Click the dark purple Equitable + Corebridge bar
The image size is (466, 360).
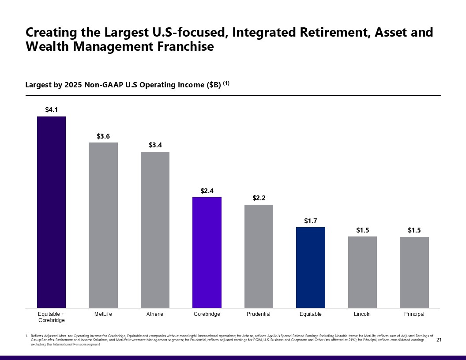pos(51,212)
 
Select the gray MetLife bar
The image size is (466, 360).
pos(103,225)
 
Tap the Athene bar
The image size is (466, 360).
pos(155,229)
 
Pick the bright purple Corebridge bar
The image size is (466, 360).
pos(207,252)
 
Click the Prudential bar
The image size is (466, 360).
pos(259,256)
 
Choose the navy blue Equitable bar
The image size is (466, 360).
pos(311,267)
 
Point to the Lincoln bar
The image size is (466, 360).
pos(362,272)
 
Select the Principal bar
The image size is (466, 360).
pos(414,272)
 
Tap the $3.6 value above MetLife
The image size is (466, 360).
pos(103,136)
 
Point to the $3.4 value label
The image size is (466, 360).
pos(155,145)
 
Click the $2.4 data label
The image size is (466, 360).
pos(207,191)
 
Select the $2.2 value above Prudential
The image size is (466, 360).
pos(259,199)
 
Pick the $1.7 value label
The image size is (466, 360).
pos(311,221)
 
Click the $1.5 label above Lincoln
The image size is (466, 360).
pos(362,230)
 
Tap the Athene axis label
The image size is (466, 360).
pos(155,314)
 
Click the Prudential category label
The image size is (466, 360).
pos(259,314)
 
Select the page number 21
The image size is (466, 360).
pos(439,340)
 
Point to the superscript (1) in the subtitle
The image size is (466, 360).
pos(226,83)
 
